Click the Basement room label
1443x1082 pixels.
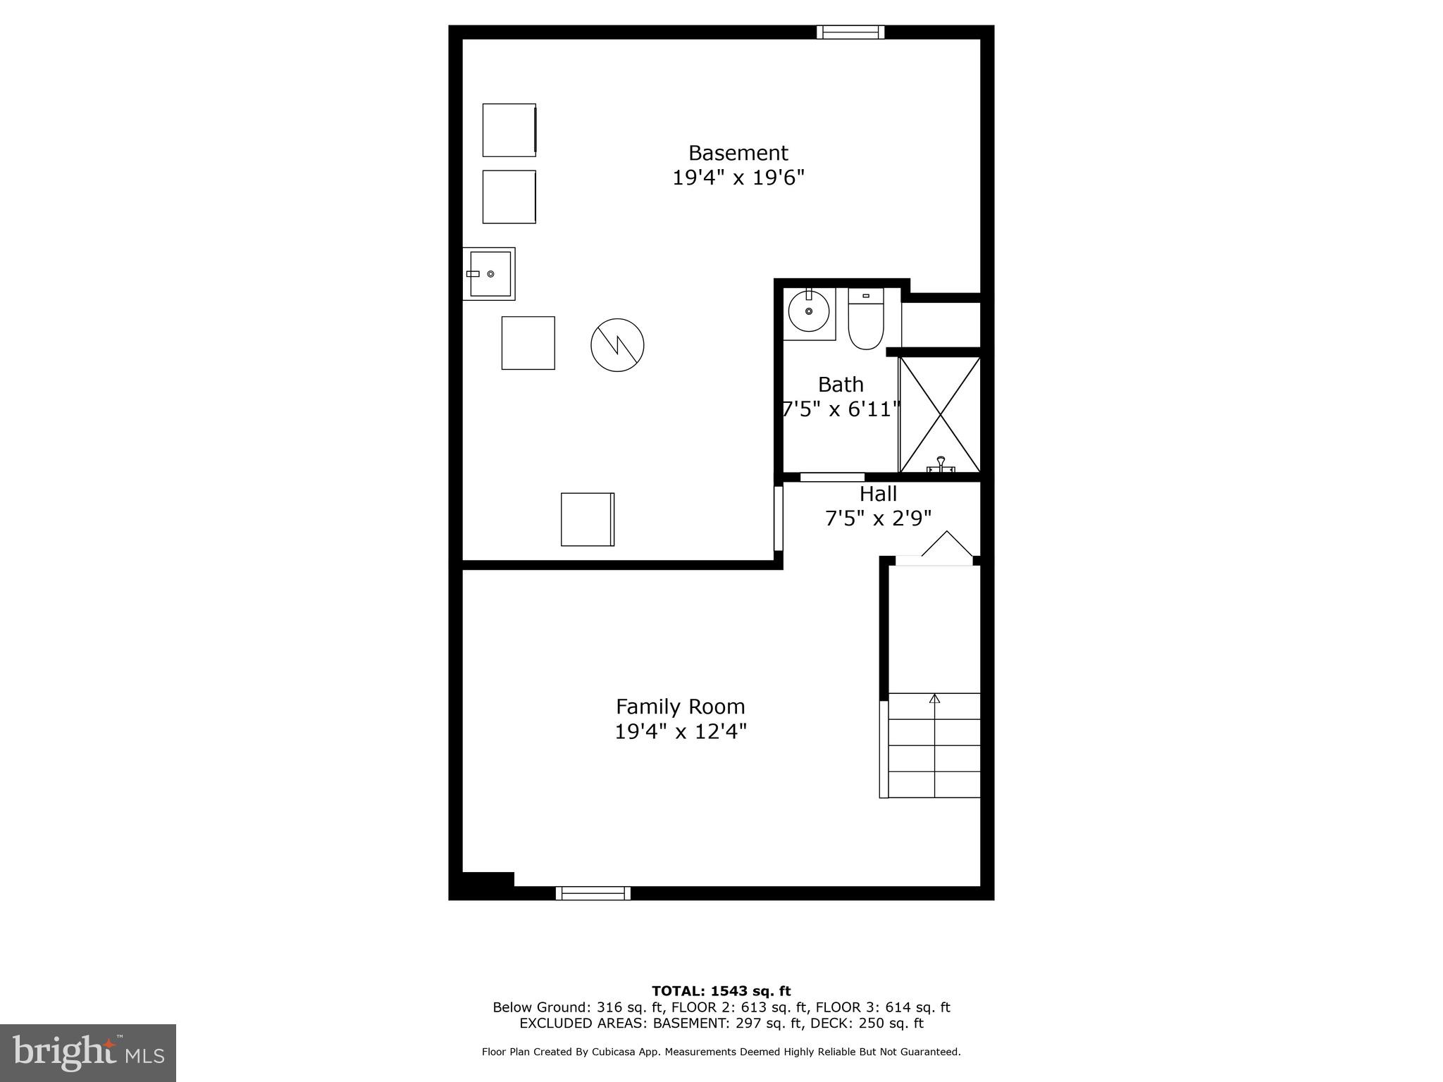(x=738, y=153)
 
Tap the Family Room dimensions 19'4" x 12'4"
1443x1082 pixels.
(x=680, y=732)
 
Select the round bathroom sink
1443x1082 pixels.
(x=808, y=311)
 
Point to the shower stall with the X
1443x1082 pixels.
(x=940, y=414)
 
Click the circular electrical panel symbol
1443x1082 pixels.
(x=617, y=345)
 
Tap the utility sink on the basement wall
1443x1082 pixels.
(x=489, y=274)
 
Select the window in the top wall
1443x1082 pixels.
(x=850, y=32)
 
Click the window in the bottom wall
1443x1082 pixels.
(x=593, y=893)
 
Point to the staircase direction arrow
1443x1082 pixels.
(x=934, y=699)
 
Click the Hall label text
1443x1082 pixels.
(x=878, y=494)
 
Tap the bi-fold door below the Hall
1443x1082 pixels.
(x=946, y=545)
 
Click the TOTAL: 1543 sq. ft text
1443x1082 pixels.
(x=721, y=992)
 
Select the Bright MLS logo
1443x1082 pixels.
(x=88, y=1052)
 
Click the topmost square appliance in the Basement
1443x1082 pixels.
(x=509, y=130)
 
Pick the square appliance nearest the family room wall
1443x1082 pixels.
(x=587, y=519)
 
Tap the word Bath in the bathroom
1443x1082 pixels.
(x=841, y=385)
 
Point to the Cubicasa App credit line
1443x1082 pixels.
(x=721, y=1052)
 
